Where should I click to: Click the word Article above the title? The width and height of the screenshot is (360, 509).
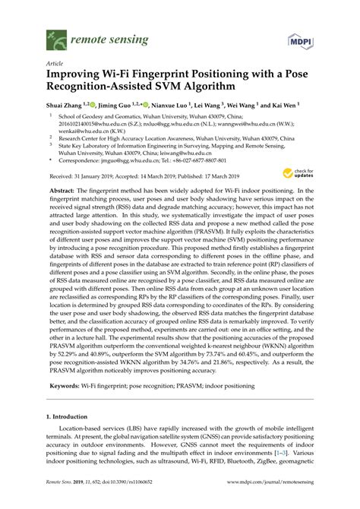tap(55, 63)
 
